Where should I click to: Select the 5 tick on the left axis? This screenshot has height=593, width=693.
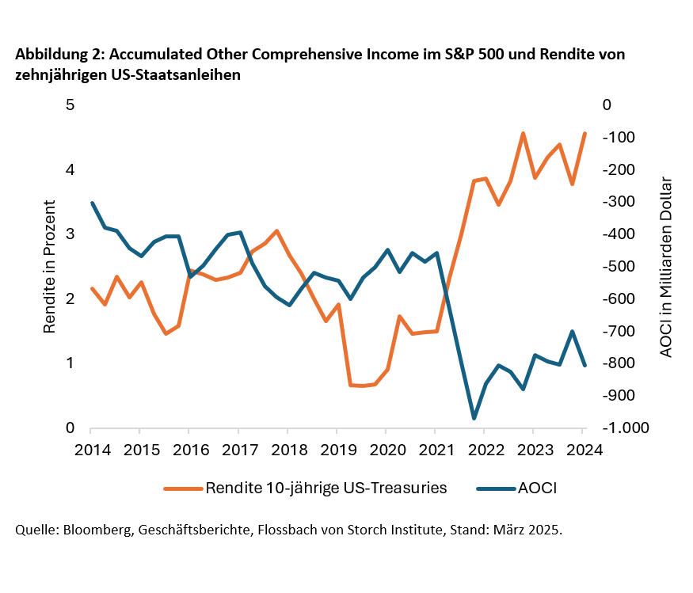tap(70, 105)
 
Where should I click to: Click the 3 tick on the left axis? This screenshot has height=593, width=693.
tap(70, 234)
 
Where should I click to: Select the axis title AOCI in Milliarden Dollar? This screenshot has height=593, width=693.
tap(666, 267)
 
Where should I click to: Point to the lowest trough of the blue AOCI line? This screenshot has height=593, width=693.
tap(474, 418)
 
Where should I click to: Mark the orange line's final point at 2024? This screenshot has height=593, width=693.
tap(584, 133)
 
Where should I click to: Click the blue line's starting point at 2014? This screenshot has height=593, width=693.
tap(92, 203)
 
